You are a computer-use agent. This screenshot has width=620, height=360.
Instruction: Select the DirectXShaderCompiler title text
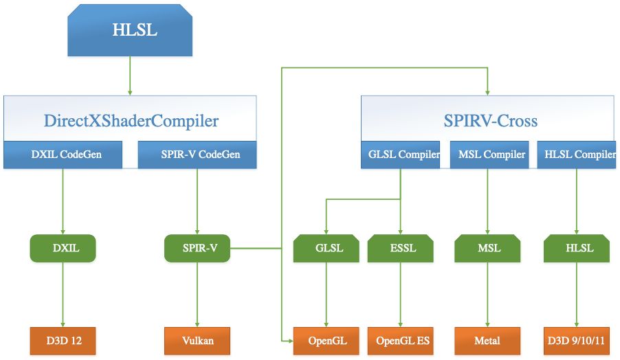tap(131, 122)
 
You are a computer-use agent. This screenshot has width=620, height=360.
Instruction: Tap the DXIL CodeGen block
tap(63, 155)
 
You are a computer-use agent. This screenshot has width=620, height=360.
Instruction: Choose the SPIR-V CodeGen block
tap(198, 155)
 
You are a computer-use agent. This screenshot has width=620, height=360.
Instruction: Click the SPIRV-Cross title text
tap(490, 122)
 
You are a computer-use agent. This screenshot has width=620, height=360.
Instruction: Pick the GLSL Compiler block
tap(400, 155)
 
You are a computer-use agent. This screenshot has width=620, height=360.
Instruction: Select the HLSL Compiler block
tap(576, 155)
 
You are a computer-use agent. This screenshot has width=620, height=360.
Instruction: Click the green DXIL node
tap(63, 249)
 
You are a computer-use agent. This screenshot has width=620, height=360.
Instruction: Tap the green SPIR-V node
tap(197, 249)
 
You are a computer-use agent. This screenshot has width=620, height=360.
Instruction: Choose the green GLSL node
tap(325, 249)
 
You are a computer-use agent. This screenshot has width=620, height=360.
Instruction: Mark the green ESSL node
tap(400, 249)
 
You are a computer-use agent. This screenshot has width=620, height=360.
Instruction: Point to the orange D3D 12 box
tap(63, 340)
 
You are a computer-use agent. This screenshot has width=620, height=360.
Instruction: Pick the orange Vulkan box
tap(197, 340)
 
